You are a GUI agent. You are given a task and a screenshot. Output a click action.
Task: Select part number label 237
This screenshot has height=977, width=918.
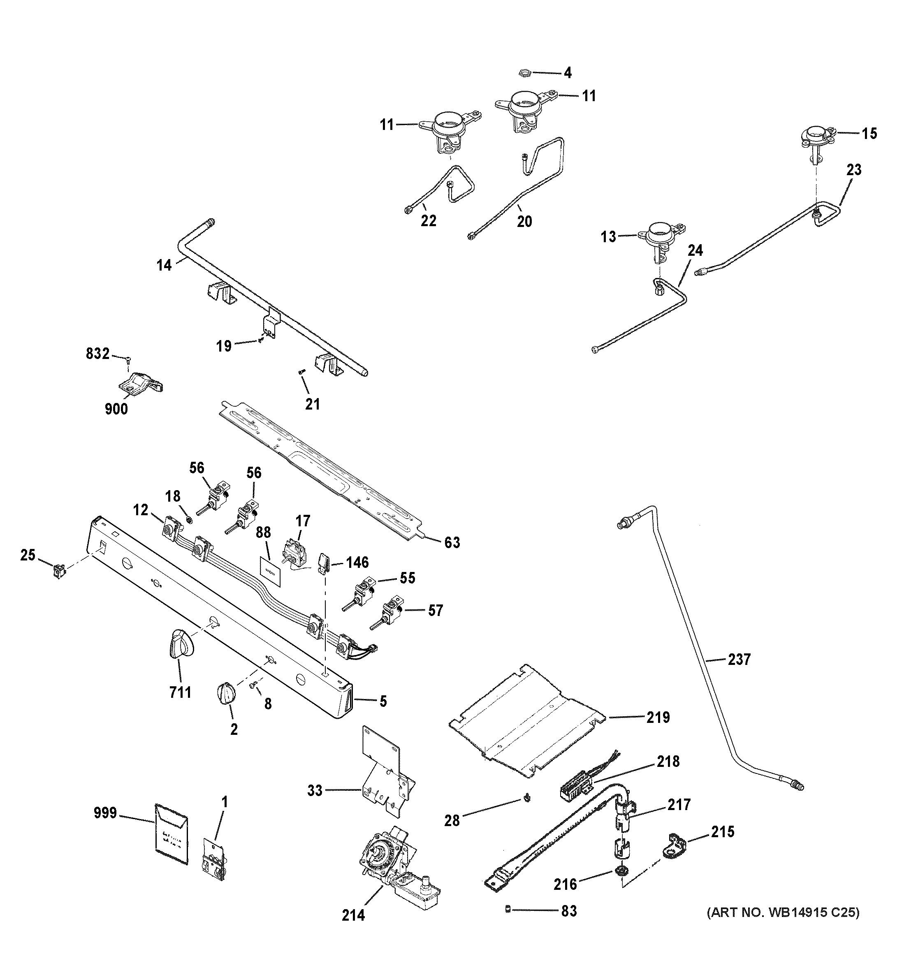pos(739,660)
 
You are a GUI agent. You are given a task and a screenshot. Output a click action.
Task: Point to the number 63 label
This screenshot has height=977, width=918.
pos(452,542)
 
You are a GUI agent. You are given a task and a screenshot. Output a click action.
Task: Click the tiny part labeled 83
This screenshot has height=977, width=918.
pos(508,910)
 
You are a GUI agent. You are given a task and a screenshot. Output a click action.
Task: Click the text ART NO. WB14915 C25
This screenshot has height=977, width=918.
pos(783,912)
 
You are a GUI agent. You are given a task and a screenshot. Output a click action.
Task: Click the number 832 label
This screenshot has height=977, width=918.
pos(97,354)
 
